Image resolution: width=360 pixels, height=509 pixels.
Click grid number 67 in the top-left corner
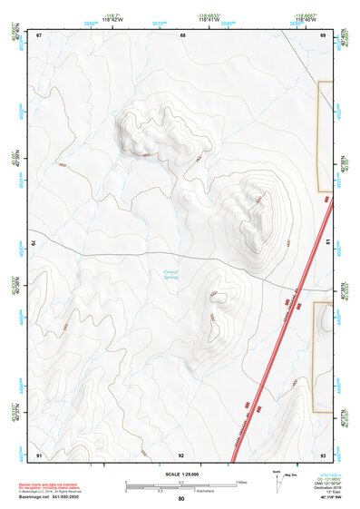40,35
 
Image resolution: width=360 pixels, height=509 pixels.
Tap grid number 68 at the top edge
182,35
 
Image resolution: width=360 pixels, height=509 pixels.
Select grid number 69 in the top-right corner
323,35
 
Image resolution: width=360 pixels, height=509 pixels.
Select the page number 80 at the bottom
181,498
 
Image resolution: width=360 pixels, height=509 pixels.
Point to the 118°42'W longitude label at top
112,19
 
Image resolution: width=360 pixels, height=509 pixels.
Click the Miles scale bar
181,482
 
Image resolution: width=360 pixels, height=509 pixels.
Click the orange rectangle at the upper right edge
325,136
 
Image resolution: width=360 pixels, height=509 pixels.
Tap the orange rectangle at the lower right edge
323,357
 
